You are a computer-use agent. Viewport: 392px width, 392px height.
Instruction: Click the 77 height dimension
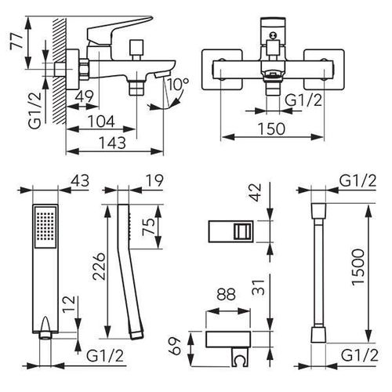16,40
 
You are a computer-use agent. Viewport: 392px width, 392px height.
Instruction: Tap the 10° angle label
179,83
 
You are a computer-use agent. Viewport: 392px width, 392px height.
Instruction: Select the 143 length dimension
112,143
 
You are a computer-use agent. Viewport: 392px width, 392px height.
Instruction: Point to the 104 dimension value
101,121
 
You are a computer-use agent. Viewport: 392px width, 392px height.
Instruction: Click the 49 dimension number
84,96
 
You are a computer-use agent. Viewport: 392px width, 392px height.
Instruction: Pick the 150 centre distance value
271,129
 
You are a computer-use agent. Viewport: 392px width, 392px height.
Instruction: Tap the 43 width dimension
80,180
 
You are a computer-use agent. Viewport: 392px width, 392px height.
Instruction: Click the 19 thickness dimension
155,180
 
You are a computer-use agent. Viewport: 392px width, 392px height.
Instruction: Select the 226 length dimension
100,267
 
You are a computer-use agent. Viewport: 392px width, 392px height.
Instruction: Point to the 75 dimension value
148,227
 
